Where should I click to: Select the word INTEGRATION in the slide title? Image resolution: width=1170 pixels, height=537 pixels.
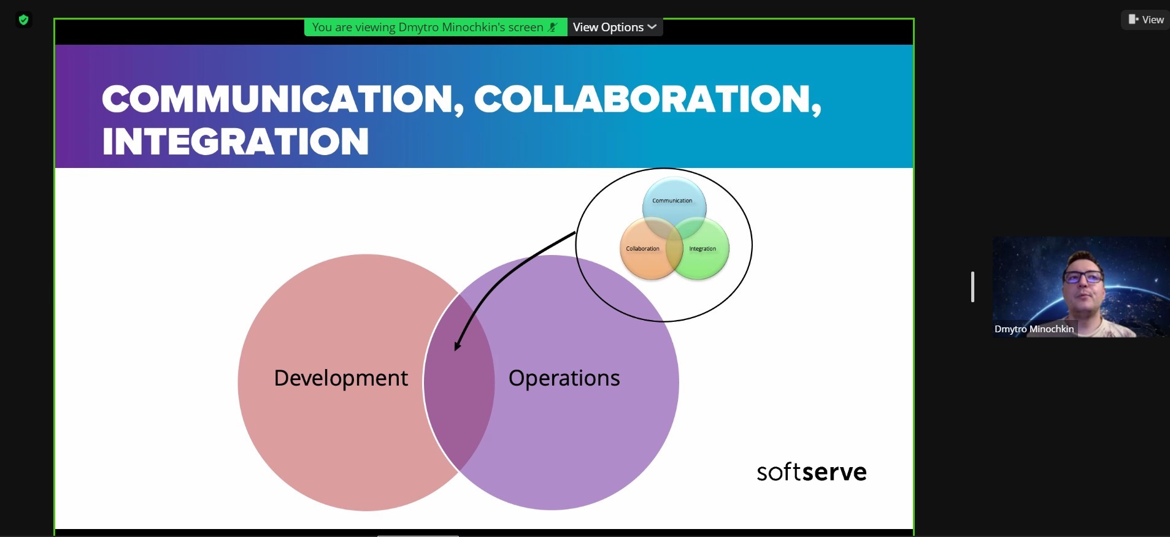coord(236,141)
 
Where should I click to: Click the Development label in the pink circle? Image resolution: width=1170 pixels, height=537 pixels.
coord(341,378)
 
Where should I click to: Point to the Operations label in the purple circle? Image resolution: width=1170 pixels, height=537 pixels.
coord(564,378)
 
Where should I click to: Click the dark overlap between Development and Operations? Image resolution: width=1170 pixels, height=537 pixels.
coord(459,380)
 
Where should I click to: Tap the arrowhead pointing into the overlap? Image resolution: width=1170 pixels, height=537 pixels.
coord(458,344)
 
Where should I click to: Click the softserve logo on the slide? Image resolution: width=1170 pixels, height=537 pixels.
coord(812,471)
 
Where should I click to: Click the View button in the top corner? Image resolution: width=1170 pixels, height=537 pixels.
coord(1145,20)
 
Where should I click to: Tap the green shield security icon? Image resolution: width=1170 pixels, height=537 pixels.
coord(23,20)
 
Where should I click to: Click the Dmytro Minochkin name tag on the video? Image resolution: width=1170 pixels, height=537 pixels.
coord(1034,329)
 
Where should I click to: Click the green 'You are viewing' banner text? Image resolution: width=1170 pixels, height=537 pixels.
coord(428,27)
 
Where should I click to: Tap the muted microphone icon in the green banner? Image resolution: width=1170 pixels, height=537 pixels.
coord(553,27)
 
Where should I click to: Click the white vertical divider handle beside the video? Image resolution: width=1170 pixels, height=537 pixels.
coord(972,287)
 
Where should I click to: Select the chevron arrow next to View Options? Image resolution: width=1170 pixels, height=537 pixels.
coord(652,27)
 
